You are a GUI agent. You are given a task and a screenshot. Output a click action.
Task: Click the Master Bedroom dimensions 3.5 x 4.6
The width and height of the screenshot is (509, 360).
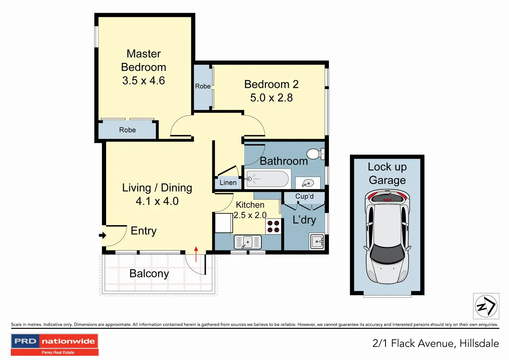coord(144,81)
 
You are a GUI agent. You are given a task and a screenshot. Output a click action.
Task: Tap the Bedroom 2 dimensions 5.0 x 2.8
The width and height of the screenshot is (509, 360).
coord(271,98)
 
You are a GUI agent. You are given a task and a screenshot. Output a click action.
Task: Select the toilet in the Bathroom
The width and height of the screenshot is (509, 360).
coord(316,154)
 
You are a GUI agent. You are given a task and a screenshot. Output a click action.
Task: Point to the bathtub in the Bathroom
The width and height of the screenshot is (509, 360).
coord(267,179)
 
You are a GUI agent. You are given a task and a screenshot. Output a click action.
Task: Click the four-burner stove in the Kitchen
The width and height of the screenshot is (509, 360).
coord(273,227)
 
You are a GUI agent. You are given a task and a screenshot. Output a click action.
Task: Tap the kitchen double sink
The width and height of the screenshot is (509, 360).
coord(248,242)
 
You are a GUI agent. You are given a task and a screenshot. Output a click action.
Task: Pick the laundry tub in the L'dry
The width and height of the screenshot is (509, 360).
coord(317,241)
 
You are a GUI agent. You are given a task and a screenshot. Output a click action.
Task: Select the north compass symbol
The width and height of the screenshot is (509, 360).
coord(486,306)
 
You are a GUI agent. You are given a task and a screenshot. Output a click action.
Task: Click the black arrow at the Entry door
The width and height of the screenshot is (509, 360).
coord(103,235)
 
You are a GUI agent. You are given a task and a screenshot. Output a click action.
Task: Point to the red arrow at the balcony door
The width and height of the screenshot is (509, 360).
coord(196,254)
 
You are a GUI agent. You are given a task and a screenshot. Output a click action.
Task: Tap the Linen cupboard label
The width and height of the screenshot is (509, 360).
coord(228,183)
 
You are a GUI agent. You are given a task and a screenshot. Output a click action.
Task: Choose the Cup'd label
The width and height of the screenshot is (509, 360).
coord(304,196)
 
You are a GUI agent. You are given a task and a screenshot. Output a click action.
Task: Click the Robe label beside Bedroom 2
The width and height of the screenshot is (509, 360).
coord(203,86)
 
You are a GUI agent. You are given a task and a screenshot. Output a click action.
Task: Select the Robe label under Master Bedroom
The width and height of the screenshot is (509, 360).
coord(128,130)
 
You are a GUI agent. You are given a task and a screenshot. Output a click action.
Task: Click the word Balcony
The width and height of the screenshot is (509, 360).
coord(149,274)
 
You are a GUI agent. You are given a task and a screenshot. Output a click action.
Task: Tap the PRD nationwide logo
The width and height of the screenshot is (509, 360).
coord(55,344)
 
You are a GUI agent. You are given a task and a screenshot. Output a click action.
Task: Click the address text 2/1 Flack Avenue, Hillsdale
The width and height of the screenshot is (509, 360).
coord(436,343)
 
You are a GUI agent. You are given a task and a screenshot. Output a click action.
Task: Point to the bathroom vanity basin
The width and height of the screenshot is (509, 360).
coord(308,183)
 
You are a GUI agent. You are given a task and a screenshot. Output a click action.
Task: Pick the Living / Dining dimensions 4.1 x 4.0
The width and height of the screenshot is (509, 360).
coord(157,201)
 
